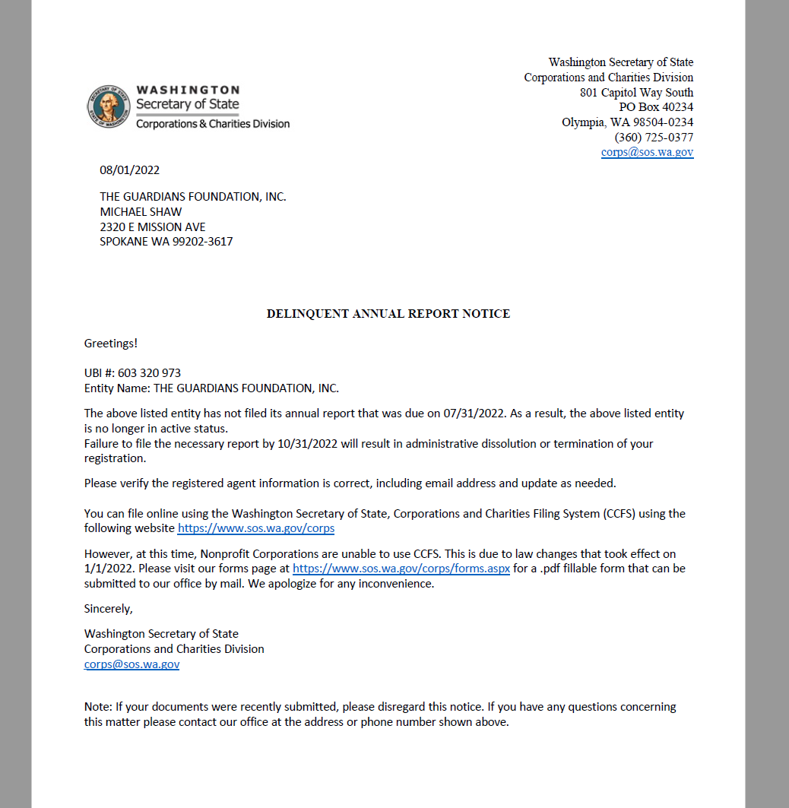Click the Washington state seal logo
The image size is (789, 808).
[x=109, y=106]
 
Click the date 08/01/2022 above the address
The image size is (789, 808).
[x=129, y=170]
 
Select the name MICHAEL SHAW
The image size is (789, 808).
[x=141, y=212]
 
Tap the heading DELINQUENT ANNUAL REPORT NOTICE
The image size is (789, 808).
[x=388, y=314]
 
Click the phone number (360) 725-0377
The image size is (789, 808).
[x=654, y=138]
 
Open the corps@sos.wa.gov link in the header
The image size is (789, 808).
[x=647, y=152]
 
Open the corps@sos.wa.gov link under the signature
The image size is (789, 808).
[x=131, y=664]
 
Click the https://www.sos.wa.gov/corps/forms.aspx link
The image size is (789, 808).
[x=401, y=569]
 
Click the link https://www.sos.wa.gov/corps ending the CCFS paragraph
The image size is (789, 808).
[x=255, y=528]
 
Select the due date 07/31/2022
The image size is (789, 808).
[x=477, y=414]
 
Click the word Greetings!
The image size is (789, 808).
[x=111, y=344]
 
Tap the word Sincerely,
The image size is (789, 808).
[x=108, y=609]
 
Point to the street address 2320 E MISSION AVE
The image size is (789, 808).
[x=152, y=227]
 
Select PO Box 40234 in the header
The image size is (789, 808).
[x=656, y=107]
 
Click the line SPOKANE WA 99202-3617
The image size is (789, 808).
[x=166, y=242]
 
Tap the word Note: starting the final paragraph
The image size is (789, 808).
[x=99, y=707]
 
